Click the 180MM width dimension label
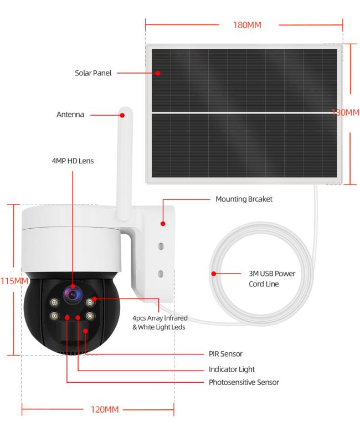tap(247, 25)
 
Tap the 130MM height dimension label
tap(346, 112)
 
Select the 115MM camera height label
tap(14, 281)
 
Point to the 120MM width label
tap(105, 409)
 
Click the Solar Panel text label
tap(93, 73)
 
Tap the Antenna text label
tap(70, 114)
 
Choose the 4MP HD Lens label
tap(73, 161)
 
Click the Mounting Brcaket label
tap(244, 199)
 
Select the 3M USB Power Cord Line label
tap(272, 279)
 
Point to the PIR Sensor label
tap(225, 354)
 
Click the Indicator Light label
tap(232, 369)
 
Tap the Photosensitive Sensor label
tap(244, 382)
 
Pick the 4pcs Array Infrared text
tap(160, 318)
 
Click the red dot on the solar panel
tap(158, 73)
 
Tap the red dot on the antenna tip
tap(122, 115)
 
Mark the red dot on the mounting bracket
tap(163, 224)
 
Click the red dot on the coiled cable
tap(214, 274)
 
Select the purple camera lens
tap(73, 295)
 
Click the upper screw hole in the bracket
tap(161, 246)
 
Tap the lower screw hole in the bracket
tap(161, 274)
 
